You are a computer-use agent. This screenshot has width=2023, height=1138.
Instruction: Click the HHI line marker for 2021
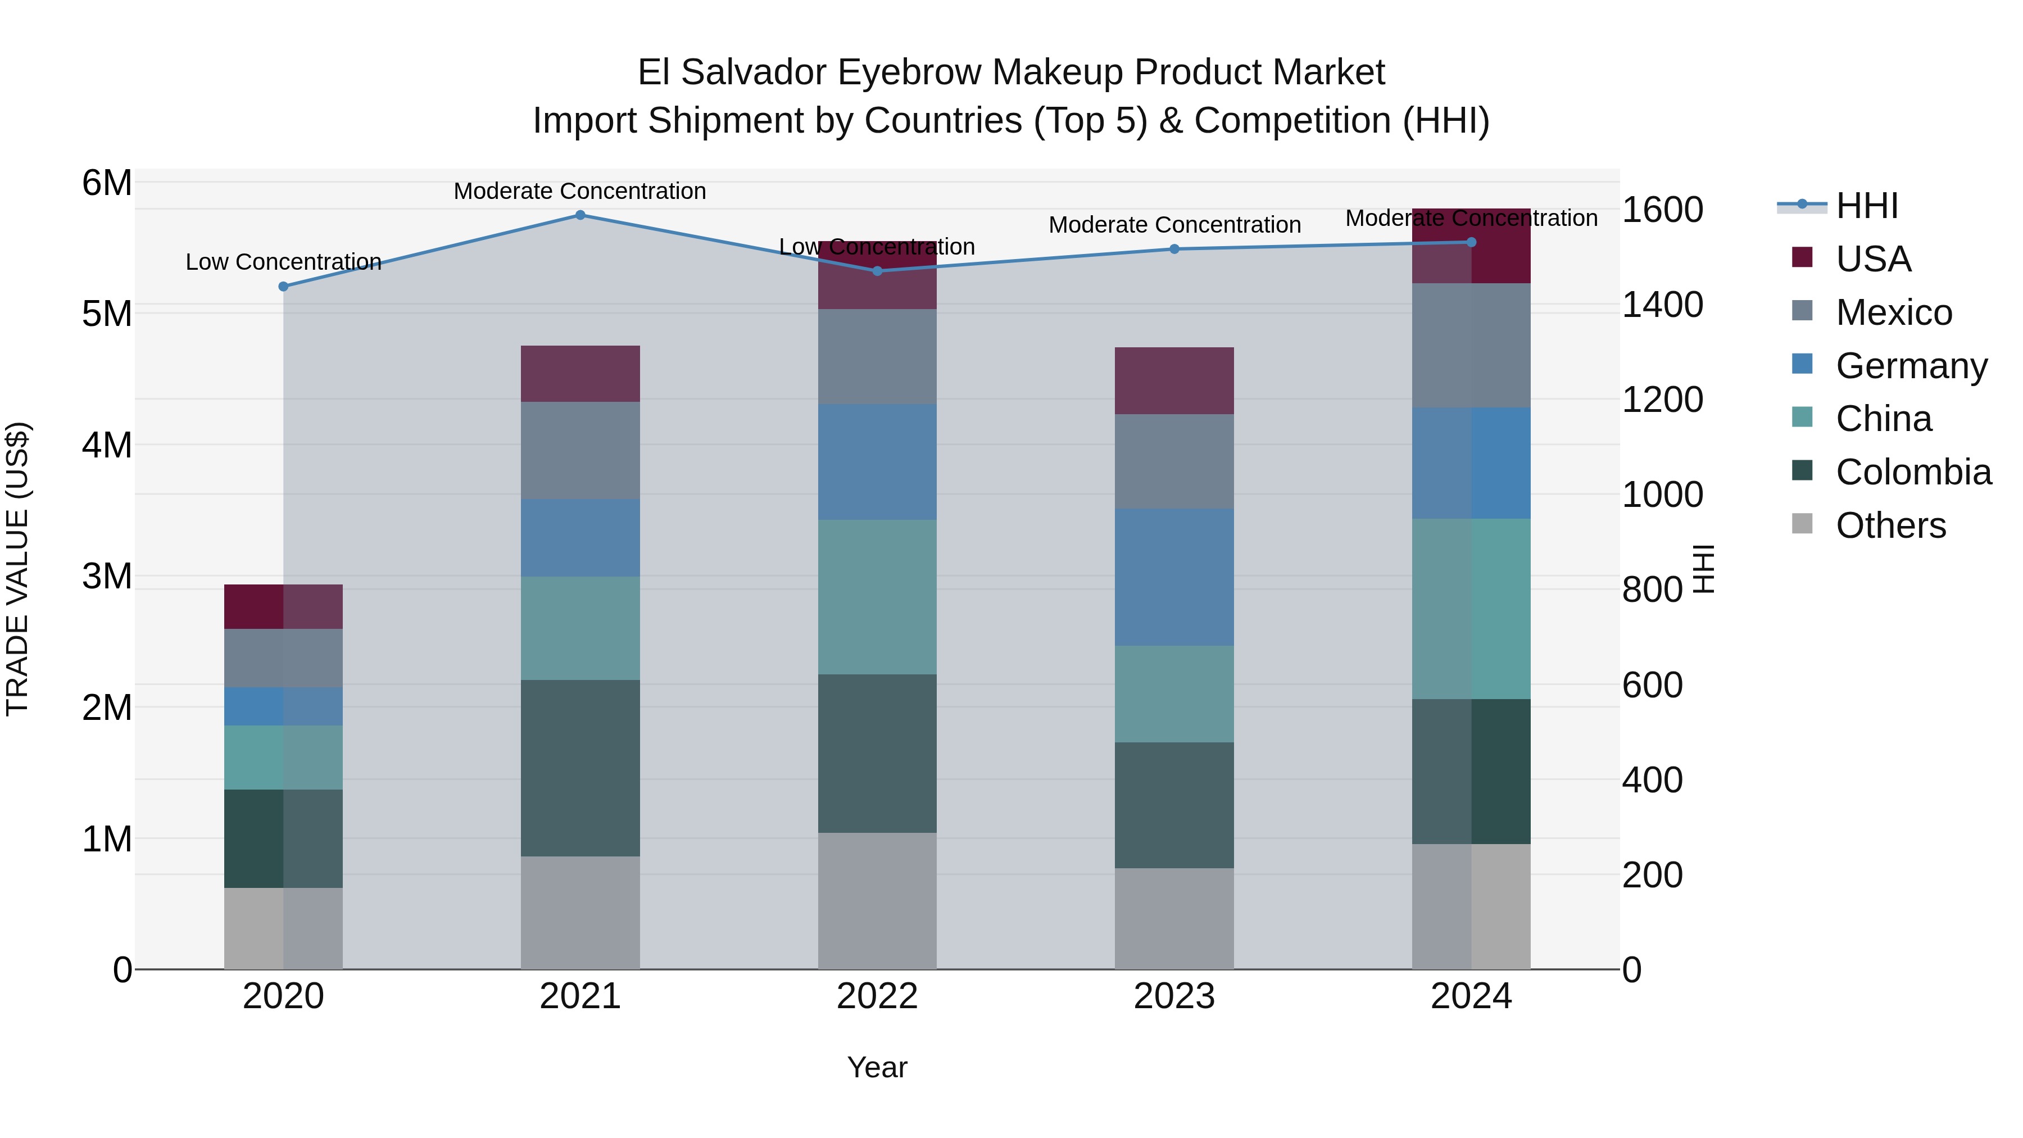580,215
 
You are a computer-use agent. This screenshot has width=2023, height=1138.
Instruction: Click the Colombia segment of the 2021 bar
580,768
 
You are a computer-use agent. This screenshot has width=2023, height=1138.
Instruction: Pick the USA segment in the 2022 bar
877,275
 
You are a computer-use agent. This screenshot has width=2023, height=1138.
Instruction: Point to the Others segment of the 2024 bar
1471,906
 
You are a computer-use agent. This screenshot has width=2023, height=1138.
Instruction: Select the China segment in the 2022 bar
877,597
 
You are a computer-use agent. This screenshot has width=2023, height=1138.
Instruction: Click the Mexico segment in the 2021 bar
580,451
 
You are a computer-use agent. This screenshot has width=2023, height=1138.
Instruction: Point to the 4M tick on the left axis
107,445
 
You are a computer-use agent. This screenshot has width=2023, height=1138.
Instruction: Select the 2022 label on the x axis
877,996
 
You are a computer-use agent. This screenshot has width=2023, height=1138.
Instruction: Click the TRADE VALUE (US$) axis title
18,569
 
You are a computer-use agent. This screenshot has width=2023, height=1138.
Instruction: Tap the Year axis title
877,1067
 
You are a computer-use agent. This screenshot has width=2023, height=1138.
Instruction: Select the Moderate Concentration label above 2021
580,191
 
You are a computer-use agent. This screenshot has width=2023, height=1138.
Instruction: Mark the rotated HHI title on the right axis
1703,569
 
